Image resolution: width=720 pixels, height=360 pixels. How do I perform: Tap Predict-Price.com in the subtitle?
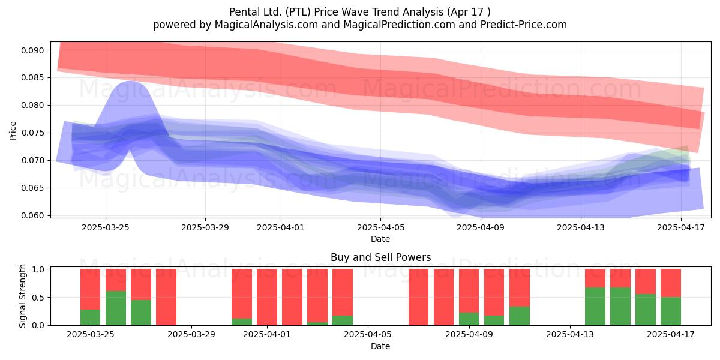[x=524, y=25]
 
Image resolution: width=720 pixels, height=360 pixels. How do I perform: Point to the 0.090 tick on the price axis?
[x=32, y=50]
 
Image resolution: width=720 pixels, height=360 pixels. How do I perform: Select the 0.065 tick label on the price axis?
[x=32, y=188]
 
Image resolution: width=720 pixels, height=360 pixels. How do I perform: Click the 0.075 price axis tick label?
[x=32, y=133]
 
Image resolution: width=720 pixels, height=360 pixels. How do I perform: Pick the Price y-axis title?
[x=13, y=131]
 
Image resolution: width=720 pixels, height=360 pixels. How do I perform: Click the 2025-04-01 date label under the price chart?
[x=281, y=227]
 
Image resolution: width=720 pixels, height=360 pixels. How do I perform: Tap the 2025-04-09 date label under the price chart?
[x=481, y=227]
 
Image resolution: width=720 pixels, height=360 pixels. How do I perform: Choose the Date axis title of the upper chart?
[x=380, y=239]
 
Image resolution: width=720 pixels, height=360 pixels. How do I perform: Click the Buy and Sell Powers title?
[x=380, y=257]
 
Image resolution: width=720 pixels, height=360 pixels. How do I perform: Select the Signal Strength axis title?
[x=22, y=296]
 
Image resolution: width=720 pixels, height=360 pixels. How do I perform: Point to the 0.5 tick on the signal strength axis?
[x=38, y=298]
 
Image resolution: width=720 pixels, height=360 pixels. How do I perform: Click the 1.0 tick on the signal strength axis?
[x=38, y=269]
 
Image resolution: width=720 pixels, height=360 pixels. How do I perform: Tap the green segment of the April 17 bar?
[x=671, y=311]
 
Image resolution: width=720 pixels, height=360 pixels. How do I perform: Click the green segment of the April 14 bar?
[x=595, y=307]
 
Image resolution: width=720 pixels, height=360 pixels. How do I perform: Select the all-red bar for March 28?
[x=166, y=297]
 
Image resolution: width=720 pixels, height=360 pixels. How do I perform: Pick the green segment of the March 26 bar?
[x=116, y=308]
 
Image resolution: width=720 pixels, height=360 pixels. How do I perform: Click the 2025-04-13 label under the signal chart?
[x=570, y=335]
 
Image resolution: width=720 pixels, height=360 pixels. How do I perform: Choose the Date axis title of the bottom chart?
[x=380, y=346]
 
